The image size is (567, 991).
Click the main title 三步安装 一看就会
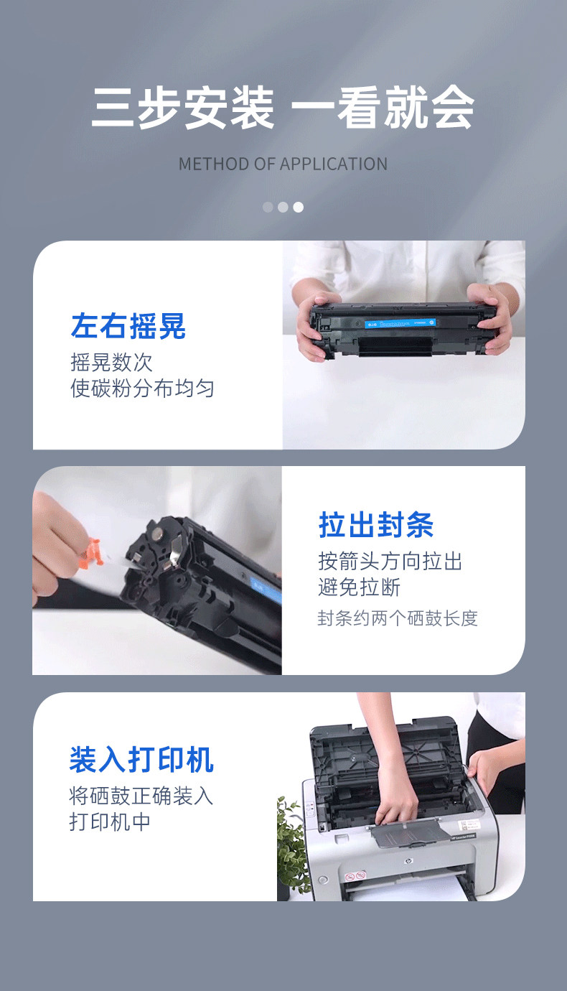pos(283,108)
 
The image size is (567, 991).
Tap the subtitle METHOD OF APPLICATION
pos(283,164)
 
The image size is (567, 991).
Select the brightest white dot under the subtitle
pos(299,207)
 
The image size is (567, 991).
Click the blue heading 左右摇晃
pos(128,326)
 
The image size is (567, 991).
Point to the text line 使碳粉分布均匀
pos(142,389)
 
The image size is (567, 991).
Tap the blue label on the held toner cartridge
pos(400,323)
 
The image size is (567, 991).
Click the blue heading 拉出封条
pos(376,525)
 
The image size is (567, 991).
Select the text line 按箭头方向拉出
pos(390,562)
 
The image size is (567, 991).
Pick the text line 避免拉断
pos(359,587)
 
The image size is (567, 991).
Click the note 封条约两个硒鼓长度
pos(398,618)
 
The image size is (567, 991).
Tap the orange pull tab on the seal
pos(94,552)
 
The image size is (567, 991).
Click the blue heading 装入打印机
pos(141,760)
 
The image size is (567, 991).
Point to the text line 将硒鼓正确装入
pos(141,796)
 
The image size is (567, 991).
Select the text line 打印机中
pos(110,822)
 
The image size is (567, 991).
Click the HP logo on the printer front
pos(408,861)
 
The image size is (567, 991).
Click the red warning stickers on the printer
pos(355,875)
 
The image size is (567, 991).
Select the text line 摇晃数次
pos(111,363)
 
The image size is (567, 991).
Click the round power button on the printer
pos(323,879)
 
